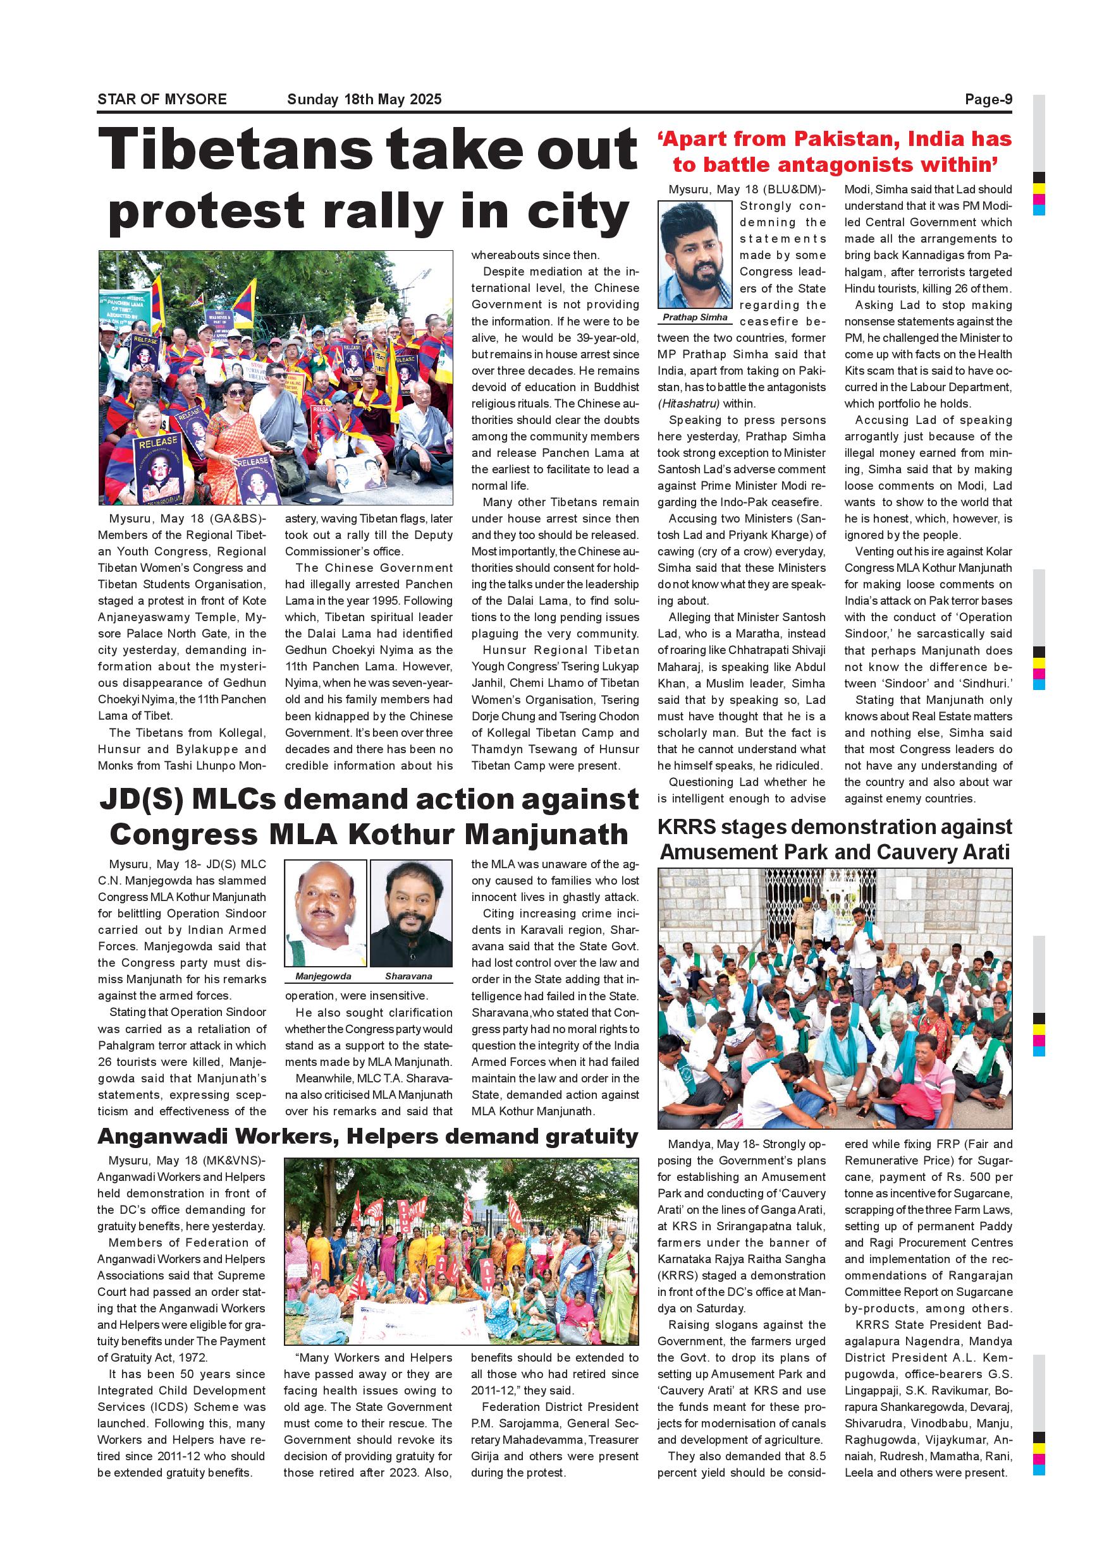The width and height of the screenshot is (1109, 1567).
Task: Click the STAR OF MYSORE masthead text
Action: click(162, 100)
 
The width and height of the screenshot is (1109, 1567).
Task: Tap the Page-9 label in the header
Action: click(988, 100)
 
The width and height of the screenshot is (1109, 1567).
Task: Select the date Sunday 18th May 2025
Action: click(364, 100)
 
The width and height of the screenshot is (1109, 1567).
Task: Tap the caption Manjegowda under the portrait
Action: click(323, 977)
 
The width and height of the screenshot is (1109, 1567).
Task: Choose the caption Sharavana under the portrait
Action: click(408, 977)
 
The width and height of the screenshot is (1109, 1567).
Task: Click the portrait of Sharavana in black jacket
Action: click(411, 913)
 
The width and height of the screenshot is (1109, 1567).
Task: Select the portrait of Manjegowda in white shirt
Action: click(326, 913)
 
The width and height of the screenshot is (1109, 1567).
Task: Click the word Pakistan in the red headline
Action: click(843, 139)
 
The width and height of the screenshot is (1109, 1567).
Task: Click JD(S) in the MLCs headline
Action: click(140, 799)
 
